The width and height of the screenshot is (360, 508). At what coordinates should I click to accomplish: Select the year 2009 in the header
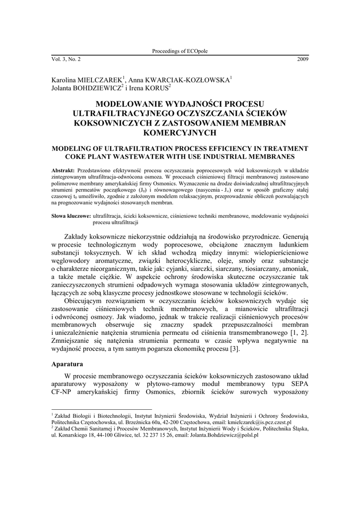(302, 59)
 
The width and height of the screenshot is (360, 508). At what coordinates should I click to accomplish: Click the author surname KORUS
(157, 88)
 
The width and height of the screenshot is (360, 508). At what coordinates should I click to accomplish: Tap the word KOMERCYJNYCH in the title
(180, 132)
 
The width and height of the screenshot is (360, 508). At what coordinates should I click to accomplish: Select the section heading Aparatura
(68, 364)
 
